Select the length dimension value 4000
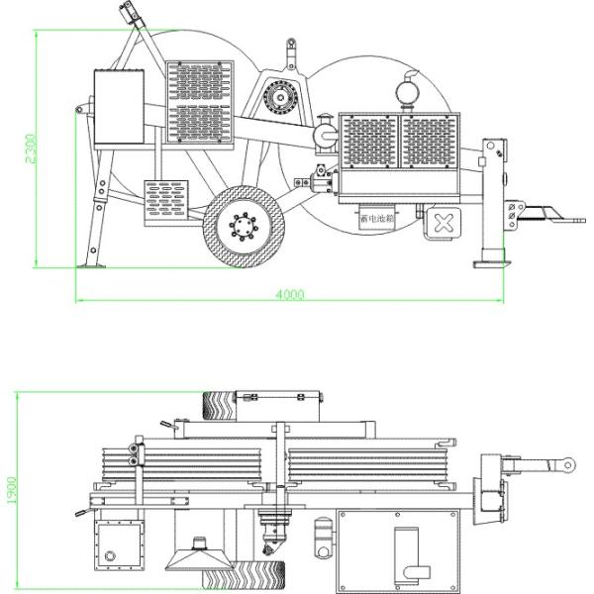pos(289,294)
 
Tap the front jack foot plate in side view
pos(492,262)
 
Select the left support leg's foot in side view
pos(92,265)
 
